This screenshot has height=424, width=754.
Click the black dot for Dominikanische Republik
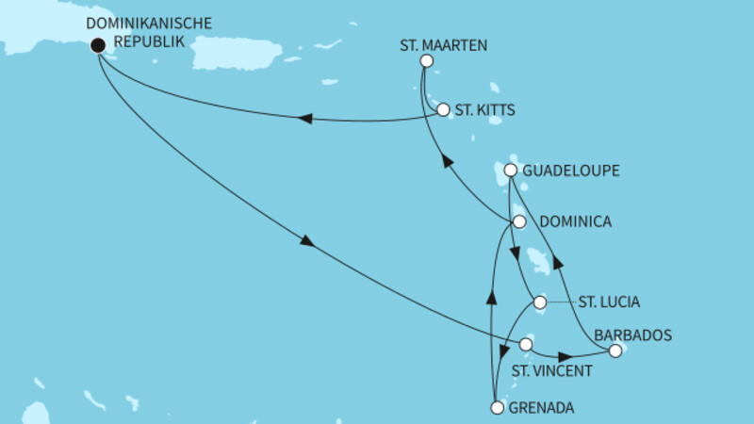coord(97,43)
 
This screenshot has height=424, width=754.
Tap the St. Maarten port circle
coord(425,61)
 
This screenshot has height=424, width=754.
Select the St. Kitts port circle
coord(443,109)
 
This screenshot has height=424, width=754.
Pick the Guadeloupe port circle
coord(510,171)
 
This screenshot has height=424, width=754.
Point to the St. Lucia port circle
coord(539,302)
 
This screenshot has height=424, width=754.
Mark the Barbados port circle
coord(615,351)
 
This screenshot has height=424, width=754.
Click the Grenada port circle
coord(498,408)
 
